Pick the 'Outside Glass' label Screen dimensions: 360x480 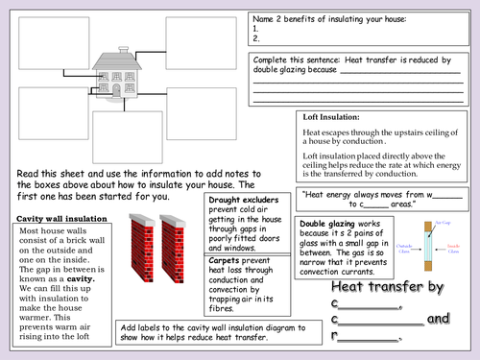coord(411,252)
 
